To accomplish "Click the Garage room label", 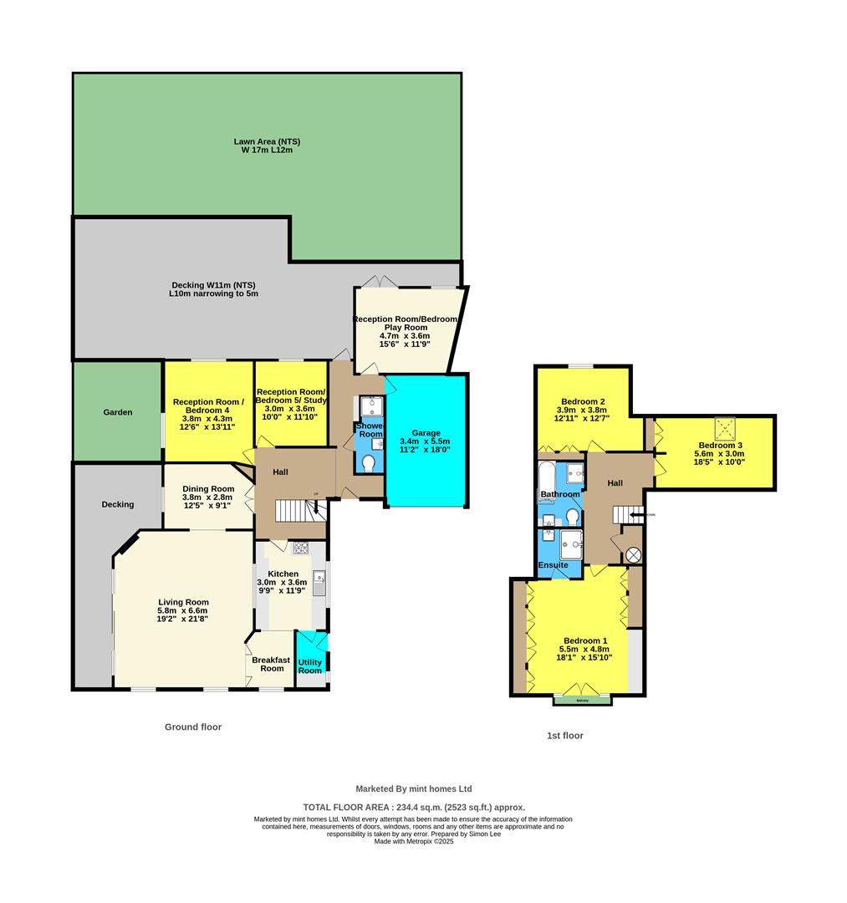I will coord(425,431).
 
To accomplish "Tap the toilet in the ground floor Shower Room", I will coord(370,461).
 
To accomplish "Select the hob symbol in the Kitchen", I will coord(300,548).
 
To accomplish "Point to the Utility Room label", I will coord(309,666).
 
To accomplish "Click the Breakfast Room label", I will coord(273,664).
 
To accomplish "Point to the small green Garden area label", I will coord(118,412).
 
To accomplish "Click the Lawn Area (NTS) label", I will coord(267,142).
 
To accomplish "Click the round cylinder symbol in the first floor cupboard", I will coord(633,554).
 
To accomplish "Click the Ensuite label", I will coord(553,565).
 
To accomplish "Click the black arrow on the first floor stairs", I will coord(636,515).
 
